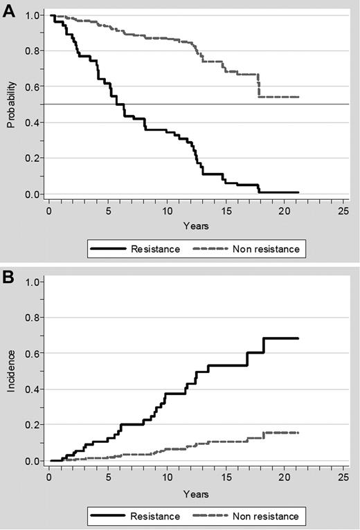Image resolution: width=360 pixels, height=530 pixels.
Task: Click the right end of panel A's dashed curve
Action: click(298, 97)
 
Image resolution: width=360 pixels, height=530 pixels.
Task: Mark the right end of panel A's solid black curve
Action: click(298, 192)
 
